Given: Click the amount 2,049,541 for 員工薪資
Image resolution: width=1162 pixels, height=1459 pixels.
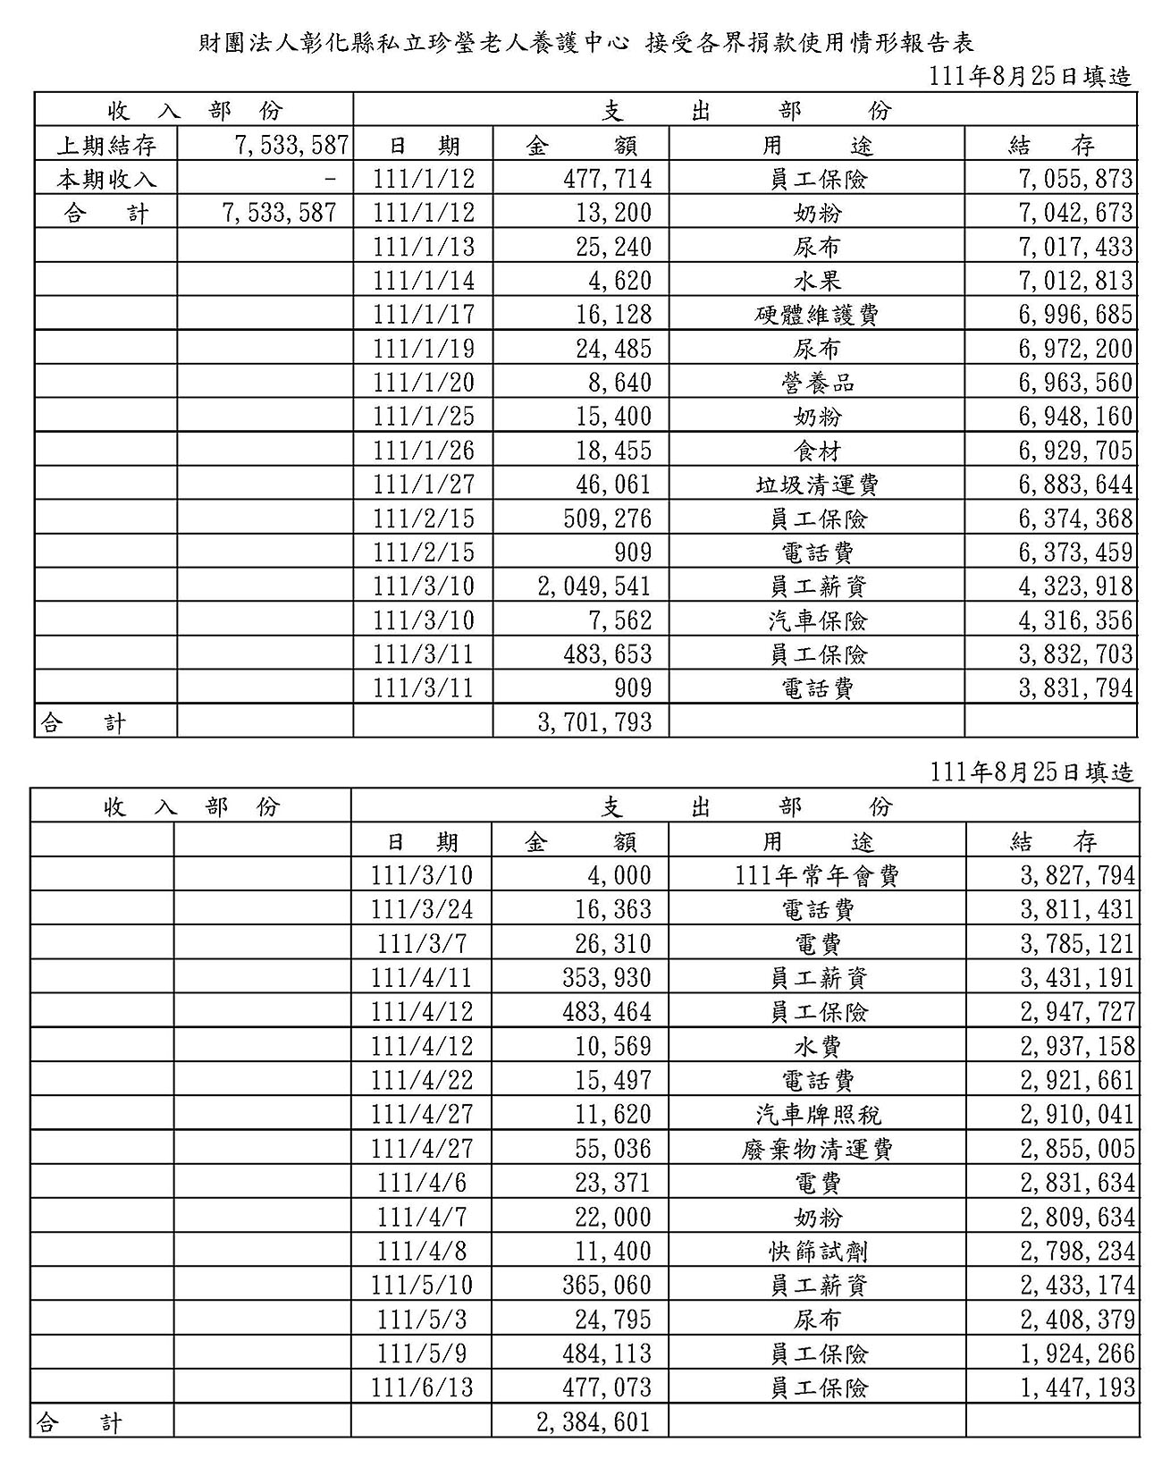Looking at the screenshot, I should tap(594, 586).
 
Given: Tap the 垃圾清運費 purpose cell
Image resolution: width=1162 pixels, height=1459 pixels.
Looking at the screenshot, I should tap(817, 485).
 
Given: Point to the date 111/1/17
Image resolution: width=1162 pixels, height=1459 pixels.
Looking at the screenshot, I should tap(423, 315).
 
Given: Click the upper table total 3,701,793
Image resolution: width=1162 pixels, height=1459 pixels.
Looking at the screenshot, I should tap(594, 721).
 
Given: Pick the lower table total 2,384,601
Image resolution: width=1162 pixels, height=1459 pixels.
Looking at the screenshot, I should tap(594, 1421).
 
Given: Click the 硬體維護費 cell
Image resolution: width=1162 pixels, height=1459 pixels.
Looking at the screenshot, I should tap(817, 315).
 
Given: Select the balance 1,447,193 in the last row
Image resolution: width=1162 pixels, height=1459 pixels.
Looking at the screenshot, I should tap(1077, 1387).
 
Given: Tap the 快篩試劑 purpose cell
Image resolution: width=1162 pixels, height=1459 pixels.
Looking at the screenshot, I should tap(818, 1252).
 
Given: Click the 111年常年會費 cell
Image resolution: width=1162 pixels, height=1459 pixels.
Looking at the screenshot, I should tap(817, 875).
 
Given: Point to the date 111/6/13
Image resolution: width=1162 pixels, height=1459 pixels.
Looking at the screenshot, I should tap(422, 1387).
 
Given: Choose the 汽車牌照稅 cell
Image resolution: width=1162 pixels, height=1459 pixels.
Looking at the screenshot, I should tap(818, 1115).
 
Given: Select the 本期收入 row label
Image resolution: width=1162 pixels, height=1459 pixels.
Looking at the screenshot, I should tap(106, 179).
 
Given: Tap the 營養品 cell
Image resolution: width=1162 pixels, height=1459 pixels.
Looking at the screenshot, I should tap(817, 383).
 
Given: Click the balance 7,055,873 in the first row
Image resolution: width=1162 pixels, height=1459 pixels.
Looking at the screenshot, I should tap(1075, 179).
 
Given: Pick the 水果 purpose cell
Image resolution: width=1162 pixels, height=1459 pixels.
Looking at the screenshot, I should tap(817, 281).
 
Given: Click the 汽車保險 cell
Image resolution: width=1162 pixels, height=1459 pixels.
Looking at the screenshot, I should tap(817, 620).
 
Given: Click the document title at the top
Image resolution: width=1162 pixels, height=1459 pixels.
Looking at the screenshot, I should tap(585, 43).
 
